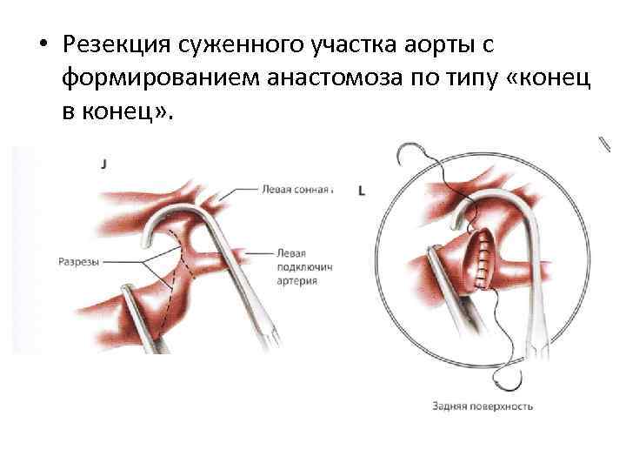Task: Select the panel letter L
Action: pos(361,191)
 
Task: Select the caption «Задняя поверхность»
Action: pos(482,406)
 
